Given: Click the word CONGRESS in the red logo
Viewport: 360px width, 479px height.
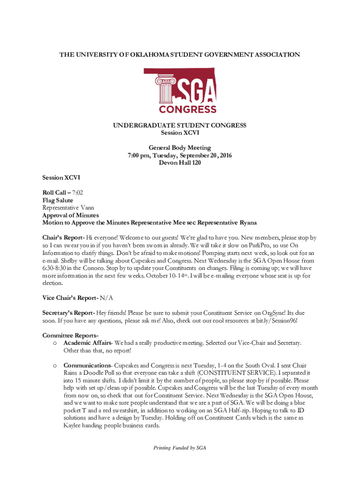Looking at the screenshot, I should [x=188, y=110].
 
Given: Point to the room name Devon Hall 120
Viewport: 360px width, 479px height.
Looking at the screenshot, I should [x=180, y=163].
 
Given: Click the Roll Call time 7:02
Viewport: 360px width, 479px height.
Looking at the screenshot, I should [x=77, y=193].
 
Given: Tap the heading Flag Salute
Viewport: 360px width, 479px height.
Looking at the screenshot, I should [x=58, y=200].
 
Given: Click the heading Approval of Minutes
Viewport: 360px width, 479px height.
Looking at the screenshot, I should [x=71, y=215].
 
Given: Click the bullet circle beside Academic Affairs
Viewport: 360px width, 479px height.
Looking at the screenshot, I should [x=55, y=343].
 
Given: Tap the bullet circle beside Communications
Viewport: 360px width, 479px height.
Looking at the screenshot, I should [x=55, y=365].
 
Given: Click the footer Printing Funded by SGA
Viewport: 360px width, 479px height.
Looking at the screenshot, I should [x=180, y=448].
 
